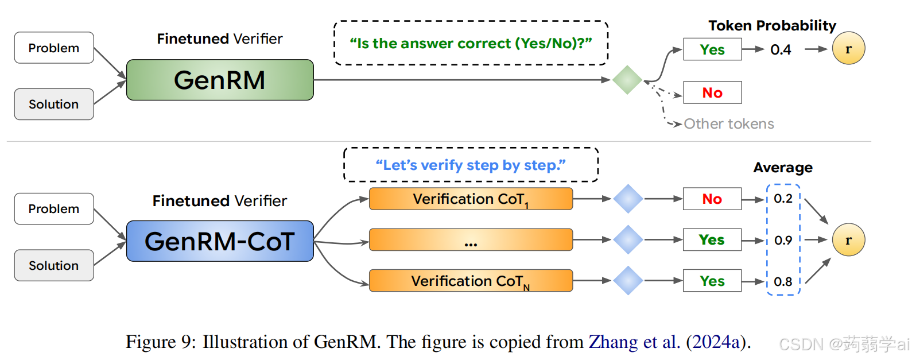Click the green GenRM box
coord(220,80)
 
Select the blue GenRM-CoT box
coord(220,241)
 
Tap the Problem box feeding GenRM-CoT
coord(54,208)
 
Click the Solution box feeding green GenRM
coord(54,104)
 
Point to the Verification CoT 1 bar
coord(471,199)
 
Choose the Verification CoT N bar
coord(471,281)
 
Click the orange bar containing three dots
coord(471,240)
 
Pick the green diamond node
coord(627,80)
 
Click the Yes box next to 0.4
coord(712,49)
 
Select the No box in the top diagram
coord(712,92)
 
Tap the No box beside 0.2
coord(712,199)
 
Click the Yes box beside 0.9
coord(712,240)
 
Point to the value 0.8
coord(783,281)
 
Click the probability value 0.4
coord(781,49)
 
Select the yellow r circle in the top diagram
coord(848,49)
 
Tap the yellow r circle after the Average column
coord(848,240)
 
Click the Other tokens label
coord(729,123)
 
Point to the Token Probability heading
coord(772,25)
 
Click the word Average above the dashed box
coord(783,168)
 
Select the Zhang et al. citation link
coord(634,342)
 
